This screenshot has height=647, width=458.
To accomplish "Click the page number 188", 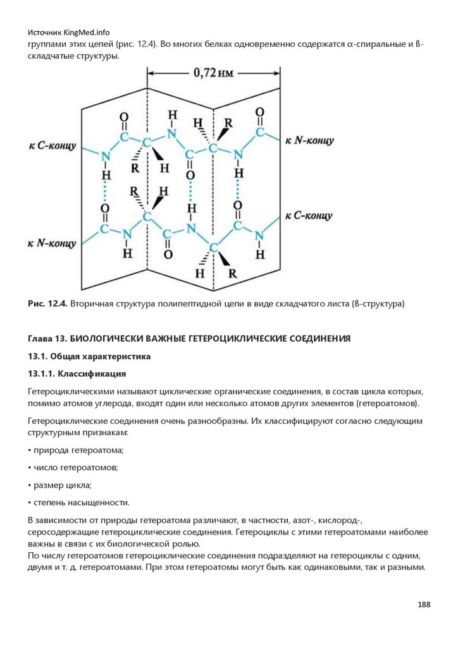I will pos(424,605).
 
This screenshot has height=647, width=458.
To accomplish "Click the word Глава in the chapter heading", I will pos(42,339).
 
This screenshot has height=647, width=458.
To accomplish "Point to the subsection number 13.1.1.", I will pos(44,373).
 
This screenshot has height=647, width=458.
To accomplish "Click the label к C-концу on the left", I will pos(52,146).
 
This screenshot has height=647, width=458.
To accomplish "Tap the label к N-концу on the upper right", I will pos(309,141).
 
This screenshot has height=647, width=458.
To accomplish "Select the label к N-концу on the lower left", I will pos(53,243).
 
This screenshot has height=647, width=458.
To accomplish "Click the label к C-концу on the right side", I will pos(308,215).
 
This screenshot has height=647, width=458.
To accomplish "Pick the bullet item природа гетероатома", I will pos(78,450).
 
